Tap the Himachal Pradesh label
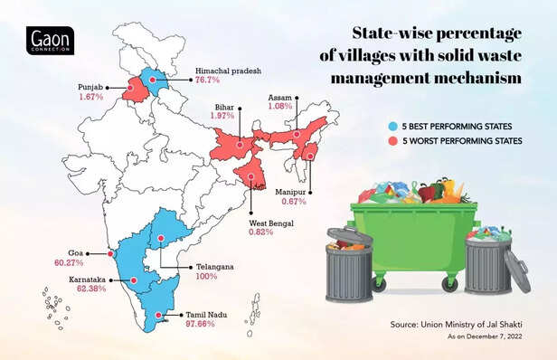[x=227, y=70]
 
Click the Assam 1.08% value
[x=283, y=107]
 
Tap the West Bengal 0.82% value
[x=265, y=232]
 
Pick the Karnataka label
[x=69, y=279]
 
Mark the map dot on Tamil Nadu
[x=160, y=317]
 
